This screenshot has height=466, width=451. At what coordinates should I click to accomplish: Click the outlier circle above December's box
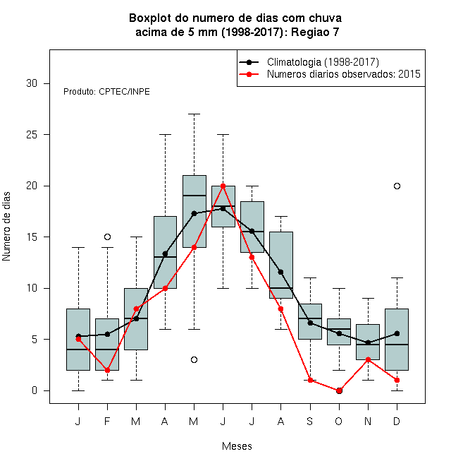(397, 186)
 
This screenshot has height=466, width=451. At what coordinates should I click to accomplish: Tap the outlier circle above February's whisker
(107, 237)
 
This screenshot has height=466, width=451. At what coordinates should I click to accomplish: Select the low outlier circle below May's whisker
(194, 360)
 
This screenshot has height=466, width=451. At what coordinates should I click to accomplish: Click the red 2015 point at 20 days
(223, 186)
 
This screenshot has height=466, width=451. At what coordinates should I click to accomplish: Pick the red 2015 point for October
(339, 391)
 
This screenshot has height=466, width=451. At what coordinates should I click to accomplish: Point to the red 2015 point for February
(107, 370)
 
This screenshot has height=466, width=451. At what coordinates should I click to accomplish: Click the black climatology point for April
(165, 253)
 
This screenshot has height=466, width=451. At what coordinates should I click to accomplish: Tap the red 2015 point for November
(369, 359)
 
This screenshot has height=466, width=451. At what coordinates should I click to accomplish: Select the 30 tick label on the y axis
(32, 83)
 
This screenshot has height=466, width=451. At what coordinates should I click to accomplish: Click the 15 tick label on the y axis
(32, 237)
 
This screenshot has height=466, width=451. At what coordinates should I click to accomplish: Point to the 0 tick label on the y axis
(35, 390)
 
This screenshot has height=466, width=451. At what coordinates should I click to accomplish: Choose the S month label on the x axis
(310, 422)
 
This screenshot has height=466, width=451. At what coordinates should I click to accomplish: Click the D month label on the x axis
(397, 422)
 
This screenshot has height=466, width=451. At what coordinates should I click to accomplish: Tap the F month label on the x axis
(107, 422)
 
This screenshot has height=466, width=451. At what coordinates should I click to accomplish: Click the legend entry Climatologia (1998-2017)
(323, 62)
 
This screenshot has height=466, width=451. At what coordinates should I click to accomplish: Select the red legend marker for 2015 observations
(249, 74)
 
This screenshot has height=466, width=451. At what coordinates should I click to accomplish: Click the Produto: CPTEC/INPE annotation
(106, 92)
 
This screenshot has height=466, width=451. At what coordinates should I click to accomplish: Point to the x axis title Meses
(237, 446)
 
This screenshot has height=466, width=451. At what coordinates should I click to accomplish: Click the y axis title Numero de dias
(6, 227)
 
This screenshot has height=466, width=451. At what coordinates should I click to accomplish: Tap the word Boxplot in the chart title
(150, 18)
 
